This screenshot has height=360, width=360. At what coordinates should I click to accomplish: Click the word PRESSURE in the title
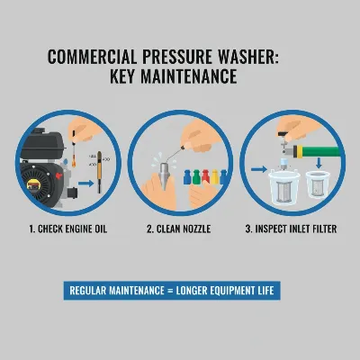[184, 57]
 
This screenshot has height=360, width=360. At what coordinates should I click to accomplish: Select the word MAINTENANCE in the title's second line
[195, 76]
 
